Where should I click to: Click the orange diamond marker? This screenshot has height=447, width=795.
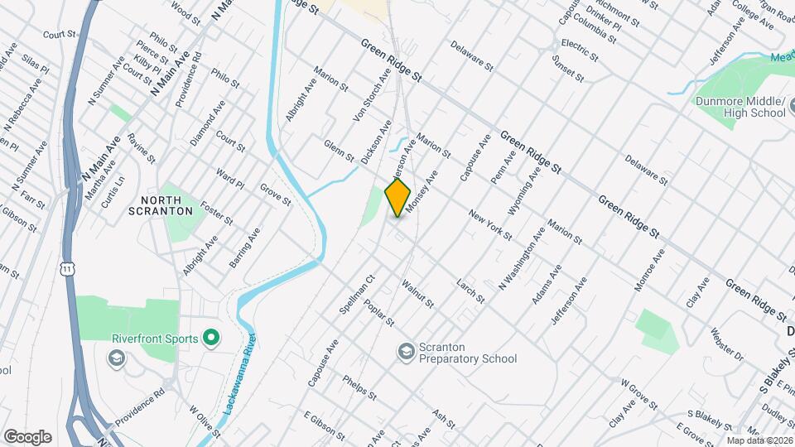pyautogui.click(x=398, y=198)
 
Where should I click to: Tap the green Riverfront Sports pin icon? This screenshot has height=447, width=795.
pyautogui.click(x=210, y=338)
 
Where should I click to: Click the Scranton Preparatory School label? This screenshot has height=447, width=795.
pyautogui.click(x=467, y=353)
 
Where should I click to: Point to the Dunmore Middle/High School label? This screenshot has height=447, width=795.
pyautogui.click(x=740, y=107)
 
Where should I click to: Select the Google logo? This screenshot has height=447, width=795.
pyautogui.click(x=27, y=436)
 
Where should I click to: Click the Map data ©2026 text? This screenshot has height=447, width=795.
pyautogui.click(x=758, y=440)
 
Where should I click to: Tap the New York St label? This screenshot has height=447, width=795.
pyautogui.click(x=490, y=225)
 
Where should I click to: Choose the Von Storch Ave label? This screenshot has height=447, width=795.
pyautogui.click(x=372, y=96)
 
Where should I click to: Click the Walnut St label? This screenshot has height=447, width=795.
pyautogui.click(x=417, y=295)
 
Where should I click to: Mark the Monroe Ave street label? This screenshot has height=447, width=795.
pyautogui.click(x=649, y=269)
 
